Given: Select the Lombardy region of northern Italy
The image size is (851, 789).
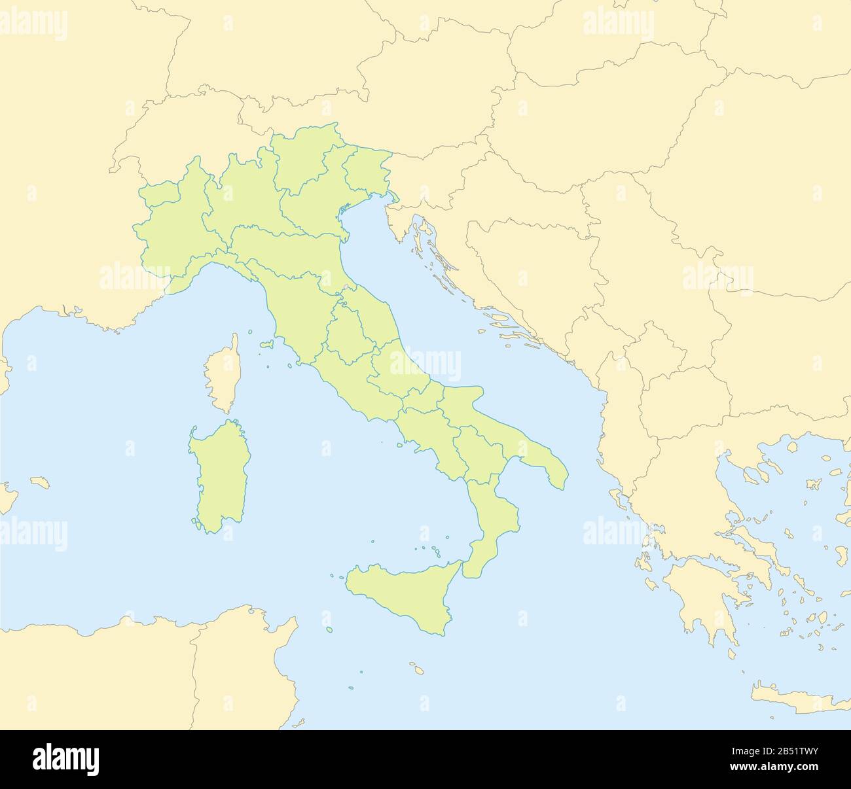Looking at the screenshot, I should click(245, 196).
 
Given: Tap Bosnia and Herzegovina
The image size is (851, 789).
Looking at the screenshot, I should click(530, 262).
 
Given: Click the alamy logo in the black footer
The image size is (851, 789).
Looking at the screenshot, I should click(66, 760).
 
